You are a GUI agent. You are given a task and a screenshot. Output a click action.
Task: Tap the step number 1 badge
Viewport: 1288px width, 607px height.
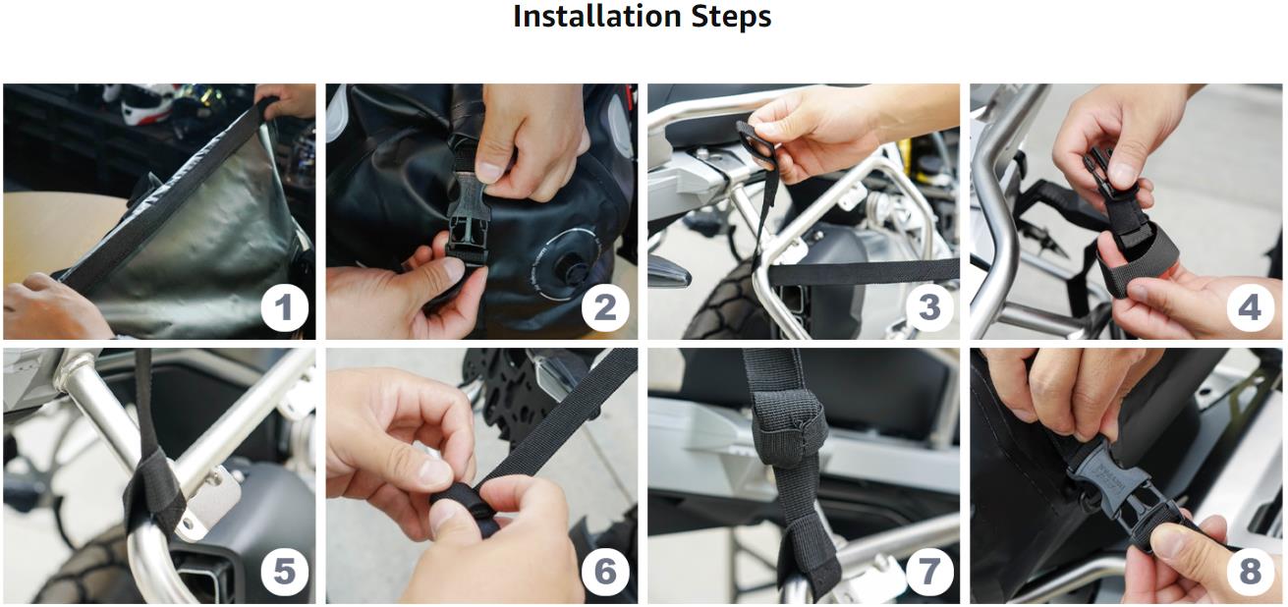[285, 307]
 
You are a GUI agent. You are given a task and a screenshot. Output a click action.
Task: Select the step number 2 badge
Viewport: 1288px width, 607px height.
[605, 307]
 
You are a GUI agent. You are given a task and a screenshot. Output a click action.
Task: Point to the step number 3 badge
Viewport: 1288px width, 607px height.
[929, 307]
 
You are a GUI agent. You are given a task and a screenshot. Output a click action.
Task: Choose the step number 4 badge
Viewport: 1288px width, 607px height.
[1251, 307]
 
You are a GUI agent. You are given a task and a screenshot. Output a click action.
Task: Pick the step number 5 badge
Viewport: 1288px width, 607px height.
[285, 572]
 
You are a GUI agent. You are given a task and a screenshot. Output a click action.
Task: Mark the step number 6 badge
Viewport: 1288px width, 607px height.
[605, 572]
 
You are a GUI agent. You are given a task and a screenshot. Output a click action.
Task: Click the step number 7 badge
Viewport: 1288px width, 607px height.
[929, 572]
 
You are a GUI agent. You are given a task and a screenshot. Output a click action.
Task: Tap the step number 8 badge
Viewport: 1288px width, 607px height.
[1251, 572]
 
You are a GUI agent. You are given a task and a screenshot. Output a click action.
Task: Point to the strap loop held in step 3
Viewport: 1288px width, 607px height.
[755, 143]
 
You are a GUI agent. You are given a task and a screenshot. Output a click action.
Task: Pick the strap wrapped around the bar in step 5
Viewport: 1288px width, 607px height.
[154, 495]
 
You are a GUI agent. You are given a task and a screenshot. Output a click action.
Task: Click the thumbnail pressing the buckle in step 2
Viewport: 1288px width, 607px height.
[491, 171]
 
